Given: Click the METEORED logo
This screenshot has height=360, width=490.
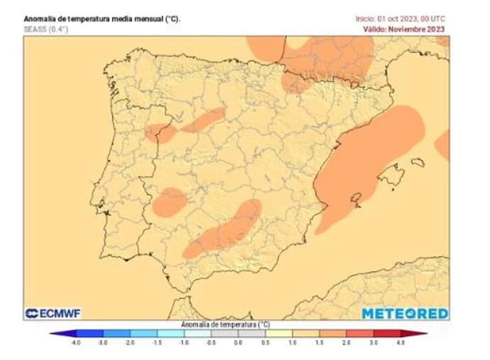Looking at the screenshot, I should (405, 313).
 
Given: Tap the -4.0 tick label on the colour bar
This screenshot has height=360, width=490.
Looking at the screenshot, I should (76, 342).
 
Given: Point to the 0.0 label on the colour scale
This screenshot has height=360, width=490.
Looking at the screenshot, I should (238, 342).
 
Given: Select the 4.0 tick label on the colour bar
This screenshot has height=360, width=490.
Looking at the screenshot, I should (401, 342).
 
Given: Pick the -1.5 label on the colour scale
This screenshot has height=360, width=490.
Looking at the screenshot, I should (157, 342).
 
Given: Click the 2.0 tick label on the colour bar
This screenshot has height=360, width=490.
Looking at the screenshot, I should (347, 342).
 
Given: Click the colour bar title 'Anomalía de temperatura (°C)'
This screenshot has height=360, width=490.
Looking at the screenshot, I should (226, 324).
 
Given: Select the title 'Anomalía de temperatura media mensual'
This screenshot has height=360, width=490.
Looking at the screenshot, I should (102, 18).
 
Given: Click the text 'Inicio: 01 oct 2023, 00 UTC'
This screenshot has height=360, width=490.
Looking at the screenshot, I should (401, 18).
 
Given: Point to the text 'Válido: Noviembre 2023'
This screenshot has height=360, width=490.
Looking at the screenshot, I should (404, 29).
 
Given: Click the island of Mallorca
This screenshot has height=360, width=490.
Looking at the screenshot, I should (388, 174).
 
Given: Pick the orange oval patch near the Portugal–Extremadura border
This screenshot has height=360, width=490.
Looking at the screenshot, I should (170, 202).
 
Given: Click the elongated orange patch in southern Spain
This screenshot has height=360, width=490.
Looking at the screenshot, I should (224, 231).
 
